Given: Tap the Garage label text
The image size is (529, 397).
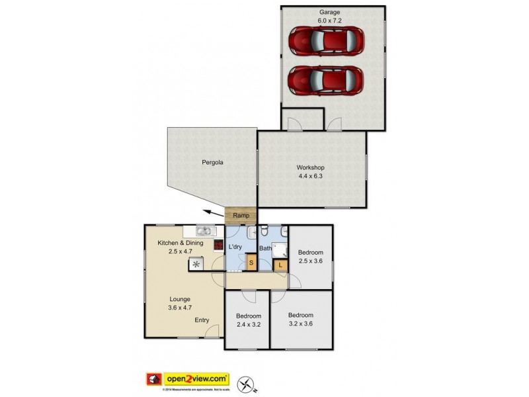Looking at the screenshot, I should coord(330,12).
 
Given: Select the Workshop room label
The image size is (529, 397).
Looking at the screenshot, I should coord(310,167).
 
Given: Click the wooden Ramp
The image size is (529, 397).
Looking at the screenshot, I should coord(241,216).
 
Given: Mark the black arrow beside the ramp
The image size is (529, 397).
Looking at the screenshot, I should coord(212,212).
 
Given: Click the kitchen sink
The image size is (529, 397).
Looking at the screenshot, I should coord(204,231).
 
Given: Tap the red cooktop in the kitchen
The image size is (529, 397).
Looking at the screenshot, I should coord(218,245).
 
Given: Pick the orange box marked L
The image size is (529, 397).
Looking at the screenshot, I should coord(280,265).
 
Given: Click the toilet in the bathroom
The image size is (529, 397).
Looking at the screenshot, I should coord(264,232).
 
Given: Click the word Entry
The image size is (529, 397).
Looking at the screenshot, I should coord(202,320).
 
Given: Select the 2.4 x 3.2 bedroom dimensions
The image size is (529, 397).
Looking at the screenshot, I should coord(249,325).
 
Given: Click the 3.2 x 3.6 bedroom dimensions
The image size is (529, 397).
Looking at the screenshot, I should coord(301,324).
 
